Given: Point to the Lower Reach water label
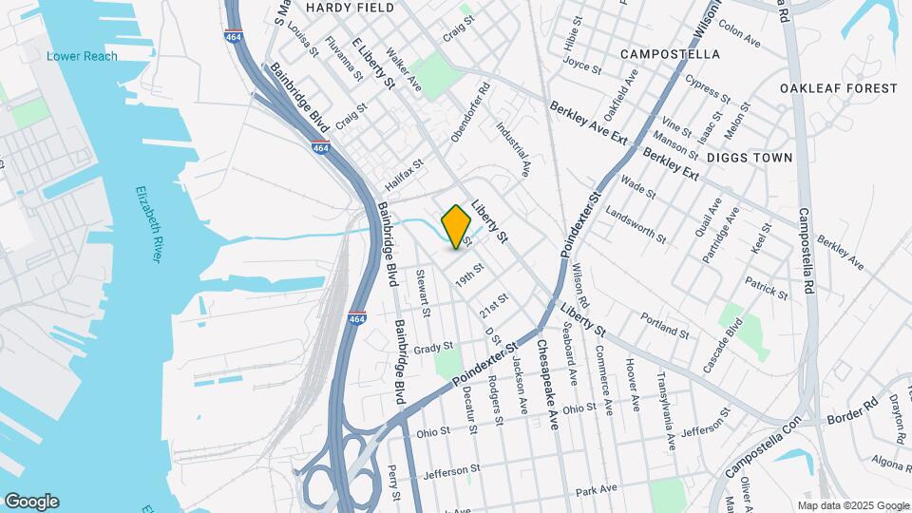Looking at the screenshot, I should pos(83,56).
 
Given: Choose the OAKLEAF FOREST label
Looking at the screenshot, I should pos(838,88).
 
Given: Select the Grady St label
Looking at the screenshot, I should pos(433,348).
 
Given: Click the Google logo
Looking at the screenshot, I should pos(31,502).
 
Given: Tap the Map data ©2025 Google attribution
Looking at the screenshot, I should pos(852,505).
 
